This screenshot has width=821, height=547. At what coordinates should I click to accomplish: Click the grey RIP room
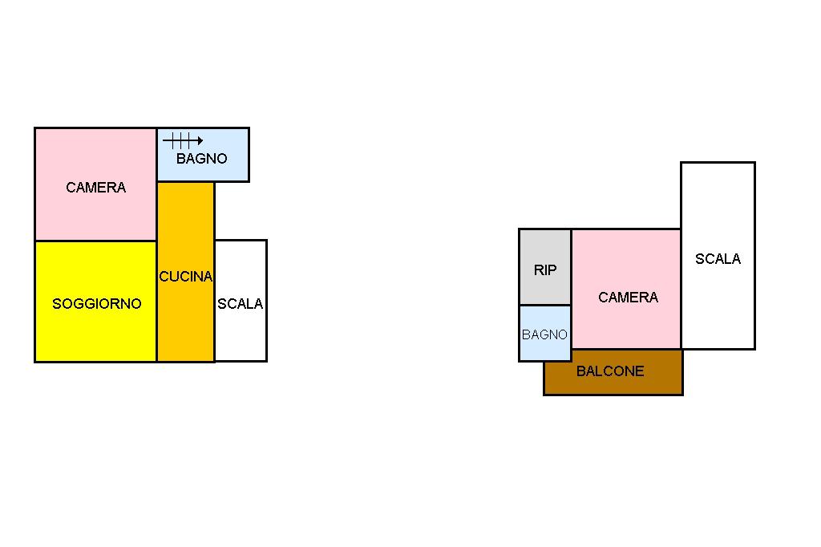[x=545, y=249]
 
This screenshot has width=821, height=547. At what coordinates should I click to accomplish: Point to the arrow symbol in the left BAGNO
[x=183, y=140]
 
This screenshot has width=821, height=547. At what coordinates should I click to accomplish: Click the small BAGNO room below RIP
[x=545, y=350]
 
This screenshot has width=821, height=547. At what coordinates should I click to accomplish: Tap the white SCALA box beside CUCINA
[x=241, y=337]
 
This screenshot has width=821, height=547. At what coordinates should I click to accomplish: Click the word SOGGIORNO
[x=96, y=303]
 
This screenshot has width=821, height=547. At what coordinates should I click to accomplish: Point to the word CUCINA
[x=186, y=277]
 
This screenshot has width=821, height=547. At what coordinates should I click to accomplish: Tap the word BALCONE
[x=610, y=371]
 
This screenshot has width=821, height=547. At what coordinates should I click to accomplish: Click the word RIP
[x=545, y=270]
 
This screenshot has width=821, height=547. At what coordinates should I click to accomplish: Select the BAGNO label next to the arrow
[x=202, y=159]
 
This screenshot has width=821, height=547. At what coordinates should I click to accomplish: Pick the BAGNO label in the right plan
[x=545, y=334]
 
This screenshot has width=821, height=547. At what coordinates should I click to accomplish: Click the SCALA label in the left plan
[x=241, y=304]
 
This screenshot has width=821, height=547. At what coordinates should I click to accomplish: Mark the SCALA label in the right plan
[x=718, y=259]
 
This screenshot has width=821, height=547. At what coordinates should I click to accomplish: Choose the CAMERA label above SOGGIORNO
[x=96, y=188]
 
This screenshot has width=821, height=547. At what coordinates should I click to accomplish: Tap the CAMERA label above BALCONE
[x=629, y=298]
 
